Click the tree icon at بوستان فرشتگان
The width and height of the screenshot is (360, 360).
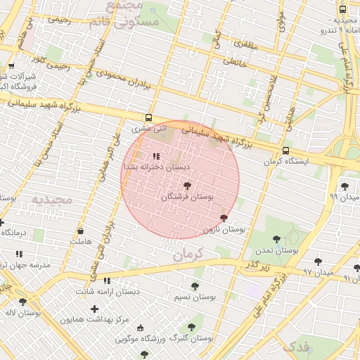pyautogui.click(x=187, y=186)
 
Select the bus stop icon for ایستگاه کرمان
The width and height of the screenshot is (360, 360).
pyautogui.click(x=285, y=151)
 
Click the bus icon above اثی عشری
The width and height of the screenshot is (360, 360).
pyautogui.click(x=148, y=117)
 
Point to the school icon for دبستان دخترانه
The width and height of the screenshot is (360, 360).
pyautogui.click(x=156, y=156)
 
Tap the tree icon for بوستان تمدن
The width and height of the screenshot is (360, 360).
pyautogui.click(x=276, y=239)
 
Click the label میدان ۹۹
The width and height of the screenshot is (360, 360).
pyautogui.click(x=343, y=198)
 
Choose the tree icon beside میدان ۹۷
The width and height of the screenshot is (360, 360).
pyautogui.click(x=319, y=260)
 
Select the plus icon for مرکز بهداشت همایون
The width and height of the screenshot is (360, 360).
pyautogui.click(x=94, y=309)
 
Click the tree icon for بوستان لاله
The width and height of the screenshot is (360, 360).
pyautogui.click(x=22, y=302)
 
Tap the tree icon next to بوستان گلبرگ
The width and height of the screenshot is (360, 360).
pyautogui.click(x=191, y=327)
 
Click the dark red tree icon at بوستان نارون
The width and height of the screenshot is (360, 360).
pyautogui.click(x=224, y=218)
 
